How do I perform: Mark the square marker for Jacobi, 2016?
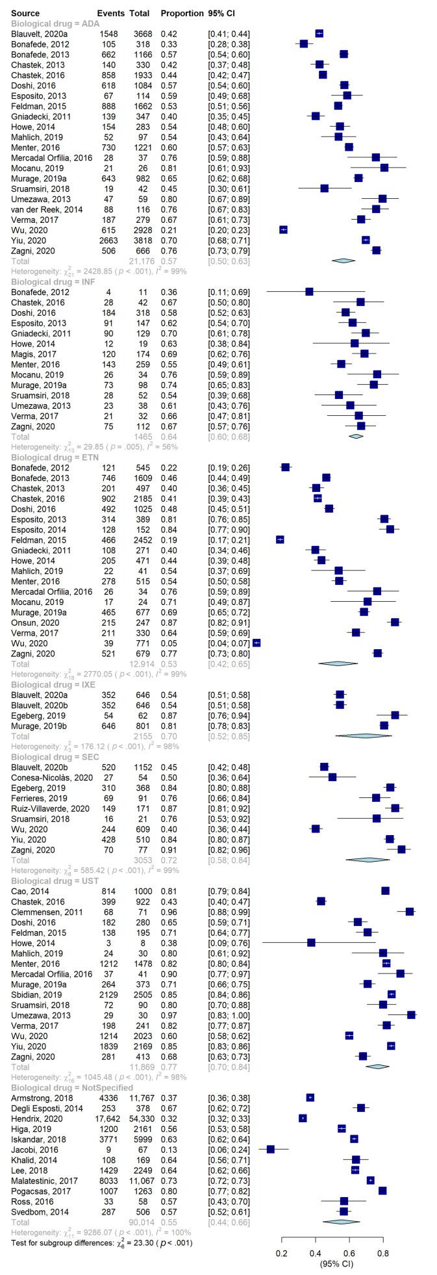(271, 1150)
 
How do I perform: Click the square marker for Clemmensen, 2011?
(410, 912)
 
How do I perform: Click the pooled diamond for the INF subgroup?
(356, 436)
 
